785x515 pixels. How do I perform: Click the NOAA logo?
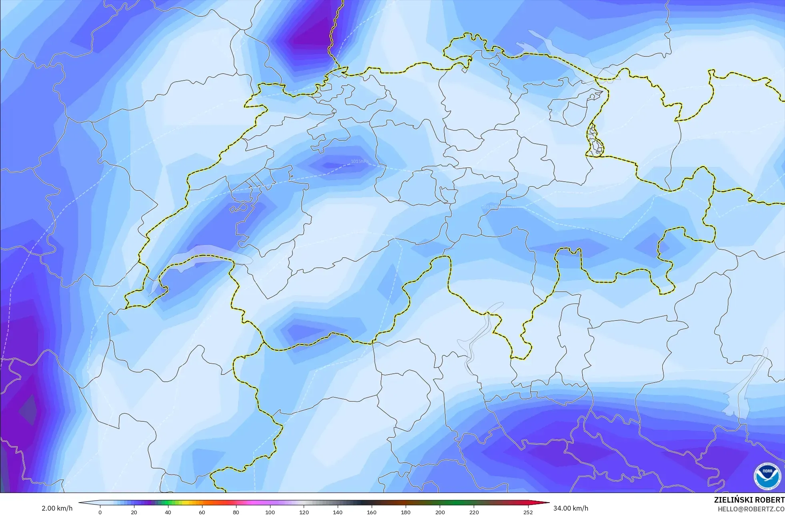point(767,476)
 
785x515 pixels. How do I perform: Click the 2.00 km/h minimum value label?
point(57,509)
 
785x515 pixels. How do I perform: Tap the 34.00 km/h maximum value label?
point(571,509)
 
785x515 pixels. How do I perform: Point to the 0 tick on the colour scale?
point(100,512)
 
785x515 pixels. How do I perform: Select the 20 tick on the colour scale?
point(134,512)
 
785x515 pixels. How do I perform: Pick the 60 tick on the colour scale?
point(202,512)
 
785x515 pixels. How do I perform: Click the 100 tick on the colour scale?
point(270,512)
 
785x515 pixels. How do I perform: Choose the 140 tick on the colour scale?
point(338,512)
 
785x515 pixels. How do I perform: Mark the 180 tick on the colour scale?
point(406,512)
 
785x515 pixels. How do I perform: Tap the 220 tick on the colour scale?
point(474,512)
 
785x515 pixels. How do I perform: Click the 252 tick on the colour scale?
point(528,512)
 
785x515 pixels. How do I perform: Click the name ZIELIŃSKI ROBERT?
point(749,500)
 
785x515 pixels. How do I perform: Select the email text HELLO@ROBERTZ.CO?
point(751,509)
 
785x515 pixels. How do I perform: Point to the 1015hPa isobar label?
point(360,161)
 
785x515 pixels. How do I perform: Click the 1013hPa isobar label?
point(491,207)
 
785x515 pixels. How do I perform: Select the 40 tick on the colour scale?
point(168,512)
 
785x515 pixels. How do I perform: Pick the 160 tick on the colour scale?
point(372,512)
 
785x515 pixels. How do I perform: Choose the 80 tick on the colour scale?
point(236,512)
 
